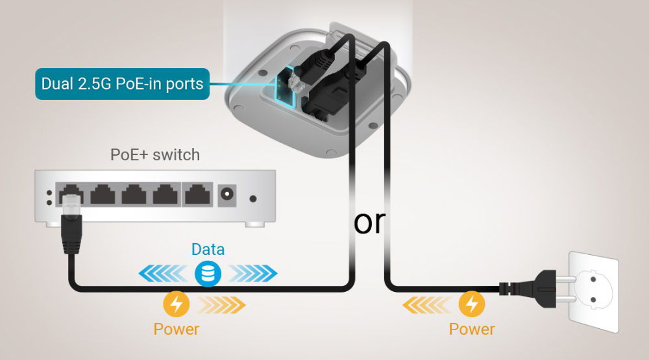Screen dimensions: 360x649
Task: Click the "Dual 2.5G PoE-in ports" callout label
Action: point(122,84)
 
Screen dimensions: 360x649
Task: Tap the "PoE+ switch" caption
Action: point(155,155)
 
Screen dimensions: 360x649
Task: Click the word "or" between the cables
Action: point(369,222)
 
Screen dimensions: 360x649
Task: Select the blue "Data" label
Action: point(208,250)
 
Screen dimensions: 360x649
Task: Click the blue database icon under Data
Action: point(208,274)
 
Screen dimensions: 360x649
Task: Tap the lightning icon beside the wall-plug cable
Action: point(472,303)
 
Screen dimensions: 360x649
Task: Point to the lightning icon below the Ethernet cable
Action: point(176,303)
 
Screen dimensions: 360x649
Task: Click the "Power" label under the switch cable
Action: point(176,328)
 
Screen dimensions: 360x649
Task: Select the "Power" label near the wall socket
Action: point(472,328)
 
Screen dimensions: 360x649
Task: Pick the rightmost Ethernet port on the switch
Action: point(197,194)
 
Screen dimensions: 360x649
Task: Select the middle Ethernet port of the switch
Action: point(134,194)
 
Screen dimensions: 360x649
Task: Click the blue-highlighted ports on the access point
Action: point(284,88)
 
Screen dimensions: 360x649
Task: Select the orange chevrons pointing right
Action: point(222,303)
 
